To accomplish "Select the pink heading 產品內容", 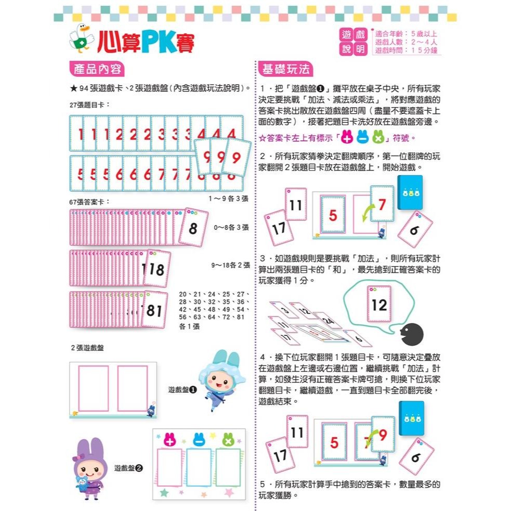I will point(97,69).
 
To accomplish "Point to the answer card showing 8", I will point(193,227).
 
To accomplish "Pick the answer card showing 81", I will point(154,310).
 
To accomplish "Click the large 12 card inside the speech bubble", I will point(379,305).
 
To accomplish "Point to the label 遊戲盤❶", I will point(182,389).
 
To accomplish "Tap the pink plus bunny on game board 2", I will point(171,440).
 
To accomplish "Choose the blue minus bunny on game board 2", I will point(200,440).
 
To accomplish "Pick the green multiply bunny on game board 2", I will point(229,440).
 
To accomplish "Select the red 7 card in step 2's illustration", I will point(382,204).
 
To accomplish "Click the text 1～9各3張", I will point(229,199).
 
